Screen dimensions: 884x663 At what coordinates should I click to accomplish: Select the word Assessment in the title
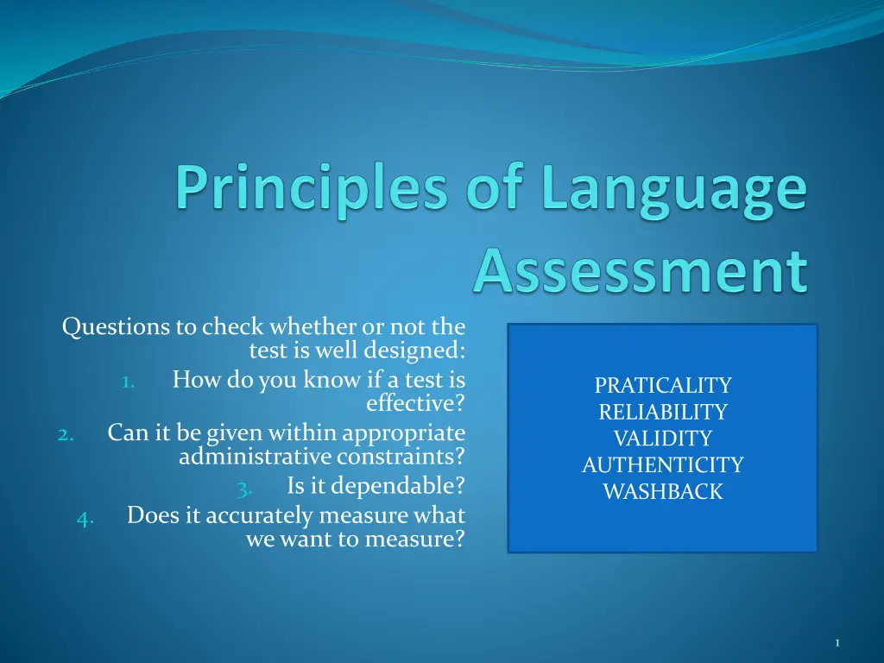[x=641, y=270]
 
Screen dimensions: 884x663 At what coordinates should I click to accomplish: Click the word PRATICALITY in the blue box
[x=663, y=385]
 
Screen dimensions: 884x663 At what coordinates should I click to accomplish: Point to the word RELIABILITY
[x=663, y=412]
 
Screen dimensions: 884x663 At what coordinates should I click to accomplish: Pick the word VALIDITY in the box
[x=663, y=438]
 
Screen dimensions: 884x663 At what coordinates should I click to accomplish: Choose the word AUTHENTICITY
[x=663, y=464]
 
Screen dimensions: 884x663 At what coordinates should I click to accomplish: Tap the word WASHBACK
[x=663, y=491]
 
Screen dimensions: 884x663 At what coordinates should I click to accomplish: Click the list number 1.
[x=129, y=382]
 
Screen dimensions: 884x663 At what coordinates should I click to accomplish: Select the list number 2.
[x=66, y=435]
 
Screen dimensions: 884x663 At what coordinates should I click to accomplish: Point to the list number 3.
[x=244, y=489]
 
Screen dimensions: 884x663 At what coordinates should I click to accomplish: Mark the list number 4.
[x=85, y=519]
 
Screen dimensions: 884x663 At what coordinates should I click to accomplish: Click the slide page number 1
[x=837, y=642]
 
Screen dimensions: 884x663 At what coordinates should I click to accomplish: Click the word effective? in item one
[x=416, y=403]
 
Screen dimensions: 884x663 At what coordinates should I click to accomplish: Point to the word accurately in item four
[x=259, y=516]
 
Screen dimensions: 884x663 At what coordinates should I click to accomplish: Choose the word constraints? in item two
[x=401, y=456]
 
